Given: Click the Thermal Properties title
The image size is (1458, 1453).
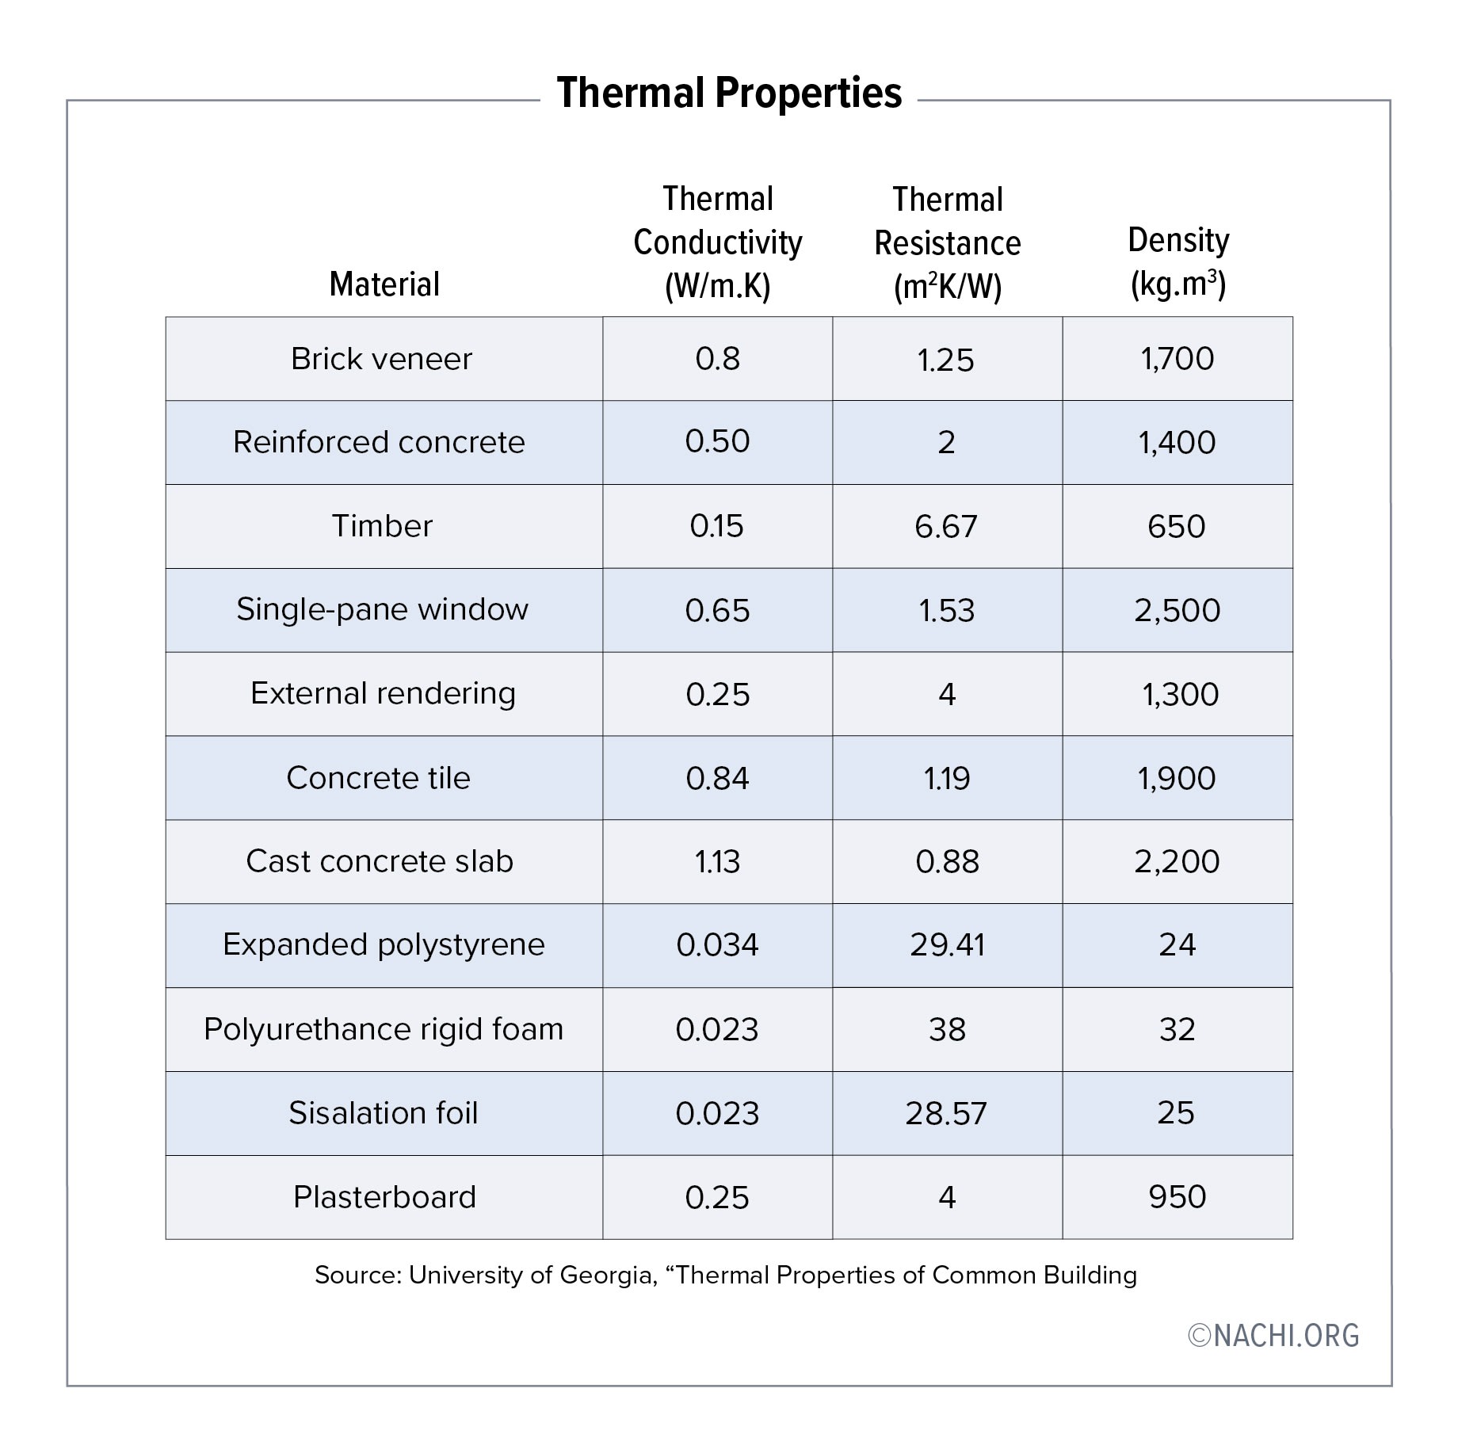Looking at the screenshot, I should click(728, 93).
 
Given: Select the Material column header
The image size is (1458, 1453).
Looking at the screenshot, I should click(384, 284).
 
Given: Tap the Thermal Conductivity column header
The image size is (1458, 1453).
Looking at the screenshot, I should click(717, 242).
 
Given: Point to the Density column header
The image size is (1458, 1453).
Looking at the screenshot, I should click(1178, 262).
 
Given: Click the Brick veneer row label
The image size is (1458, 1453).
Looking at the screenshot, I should click(381, 359).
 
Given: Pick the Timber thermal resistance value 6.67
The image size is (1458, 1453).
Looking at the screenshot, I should click(946, 527).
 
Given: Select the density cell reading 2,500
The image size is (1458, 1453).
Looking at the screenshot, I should click(1177, 611).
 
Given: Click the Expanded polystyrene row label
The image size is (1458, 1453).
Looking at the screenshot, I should click(384, 945).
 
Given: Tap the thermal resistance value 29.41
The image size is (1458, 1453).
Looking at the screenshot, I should click(947, 945).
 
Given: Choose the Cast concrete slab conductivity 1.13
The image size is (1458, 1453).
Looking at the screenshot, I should click(717, 862).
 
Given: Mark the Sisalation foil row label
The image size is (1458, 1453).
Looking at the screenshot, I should click(383, 1113).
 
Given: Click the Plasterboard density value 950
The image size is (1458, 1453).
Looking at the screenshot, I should click(1177, 1197).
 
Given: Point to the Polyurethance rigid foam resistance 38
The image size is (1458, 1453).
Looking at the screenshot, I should click(947, 1030).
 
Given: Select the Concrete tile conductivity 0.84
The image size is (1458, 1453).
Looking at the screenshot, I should click(717, 779).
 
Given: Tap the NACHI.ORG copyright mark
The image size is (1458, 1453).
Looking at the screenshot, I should click(1273, 1336).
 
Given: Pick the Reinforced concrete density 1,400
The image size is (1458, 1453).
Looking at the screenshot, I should click(1177, 443).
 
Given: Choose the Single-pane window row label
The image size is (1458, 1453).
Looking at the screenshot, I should click(382, 610).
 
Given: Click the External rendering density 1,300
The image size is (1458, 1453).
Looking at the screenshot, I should click(1179, 695).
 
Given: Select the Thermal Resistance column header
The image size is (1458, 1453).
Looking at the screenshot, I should click(947, 243).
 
